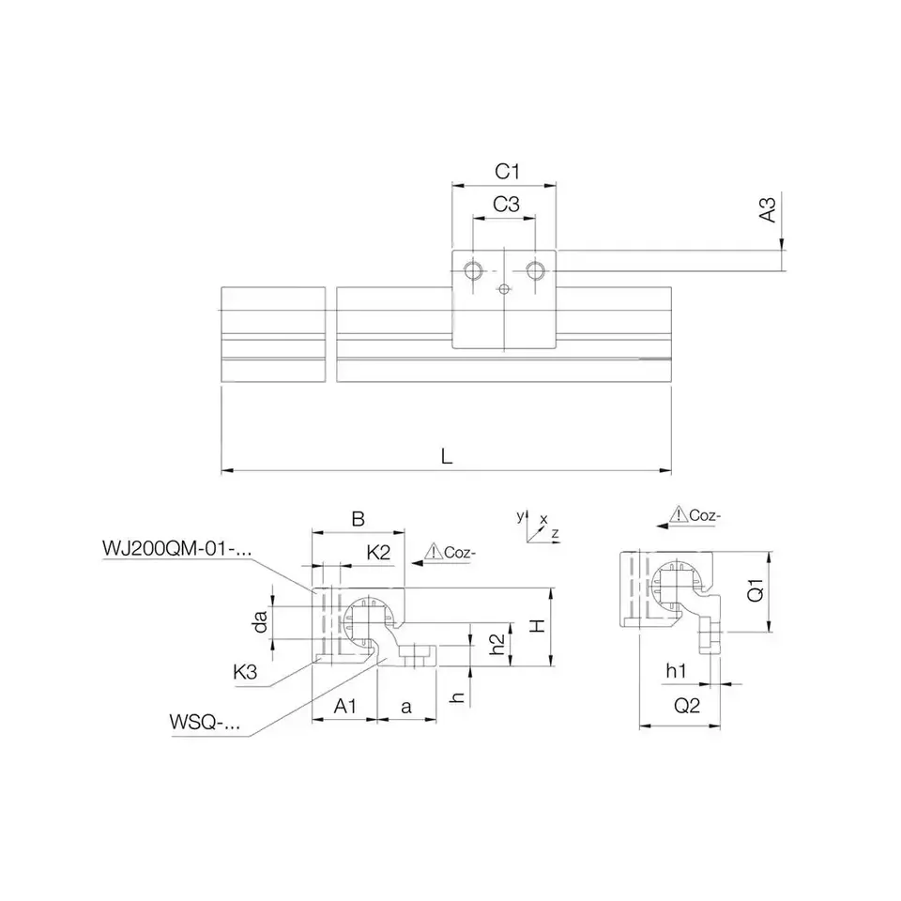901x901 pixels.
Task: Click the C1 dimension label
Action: click(x=507, y=171)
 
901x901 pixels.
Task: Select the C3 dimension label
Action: click(x=506, y=204)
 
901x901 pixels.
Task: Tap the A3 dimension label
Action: click(x=768, y=209)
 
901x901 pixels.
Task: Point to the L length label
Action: click(x=447, y=457)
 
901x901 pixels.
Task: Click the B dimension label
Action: click(x=358, y=519)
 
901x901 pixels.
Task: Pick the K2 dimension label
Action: click(x=378, y=552)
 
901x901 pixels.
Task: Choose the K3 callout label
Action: click(x=245, y=672)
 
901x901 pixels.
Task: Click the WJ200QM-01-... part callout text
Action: click(x=177, y=549)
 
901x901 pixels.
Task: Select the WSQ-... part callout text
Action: click(x=205, y=722)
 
